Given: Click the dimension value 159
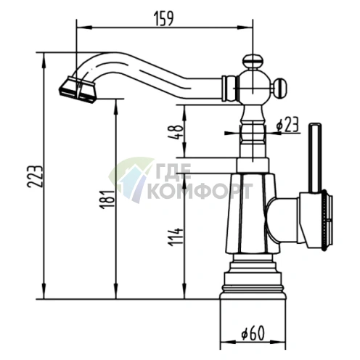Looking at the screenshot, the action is [164, 18].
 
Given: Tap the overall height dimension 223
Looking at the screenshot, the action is [36, 176].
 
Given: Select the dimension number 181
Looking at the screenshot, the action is [107, 199].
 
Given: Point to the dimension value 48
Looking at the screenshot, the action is [174, 132].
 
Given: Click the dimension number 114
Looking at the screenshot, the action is [176, 237].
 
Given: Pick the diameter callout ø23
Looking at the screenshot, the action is [287, 125].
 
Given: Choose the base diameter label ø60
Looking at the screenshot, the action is [253, 333].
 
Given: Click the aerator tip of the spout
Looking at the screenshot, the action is [78, 90].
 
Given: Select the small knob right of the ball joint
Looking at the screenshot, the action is [281, 88].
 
